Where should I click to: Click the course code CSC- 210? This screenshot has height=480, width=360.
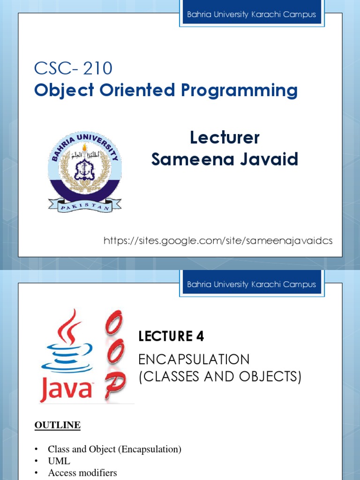[73, 68]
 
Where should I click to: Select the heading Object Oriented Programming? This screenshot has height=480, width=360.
[165, 90]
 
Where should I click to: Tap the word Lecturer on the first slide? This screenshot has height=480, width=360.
[225, 138]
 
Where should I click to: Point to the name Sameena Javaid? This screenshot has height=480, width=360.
[225, 159]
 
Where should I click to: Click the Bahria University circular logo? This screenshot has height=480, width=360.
[85, 171]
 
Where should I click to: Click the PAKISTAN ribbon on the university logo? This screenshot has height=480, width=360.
[85, 205]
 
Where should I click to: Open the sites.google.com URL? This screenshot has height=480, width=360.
[218, 241]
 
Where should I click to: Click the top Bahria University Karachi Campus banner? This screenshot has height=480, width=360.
[251, 15]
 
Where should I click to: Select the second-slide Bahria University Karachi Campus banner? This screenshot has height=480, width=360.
[251, 285]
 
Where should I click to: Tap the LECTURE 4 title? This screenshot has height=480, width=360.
[171, 336]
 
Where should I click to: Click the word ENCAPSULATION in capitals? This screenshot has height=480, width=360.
[194, 360]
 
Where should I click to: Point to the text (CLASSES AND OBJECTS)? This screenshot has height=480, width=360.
[220, 376]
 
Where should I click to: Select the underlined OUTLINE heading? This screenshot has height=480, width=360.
[58, 425]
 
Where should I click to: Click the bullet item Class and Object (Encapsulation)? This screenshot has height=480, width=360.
[114, 449]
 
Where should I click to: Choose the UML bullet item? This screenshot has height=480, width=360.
[59, 461]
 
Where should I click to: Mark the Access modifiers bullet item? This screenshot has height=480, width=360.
[82, 473]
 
